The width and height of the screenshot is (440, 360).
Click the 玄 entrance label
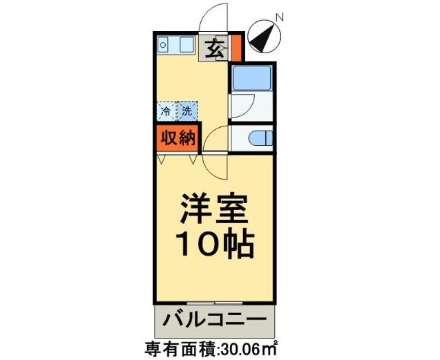pos(215,50)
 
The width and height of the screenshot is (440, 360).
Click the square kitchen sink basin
pos(186,45)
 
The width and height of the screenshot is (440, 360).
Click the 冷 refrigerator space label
pos(166,111)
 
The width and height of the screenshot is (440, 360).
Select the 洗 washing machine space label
pos(187,111)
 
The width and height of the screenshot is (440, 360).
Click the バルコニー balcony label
pos(214,320)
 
